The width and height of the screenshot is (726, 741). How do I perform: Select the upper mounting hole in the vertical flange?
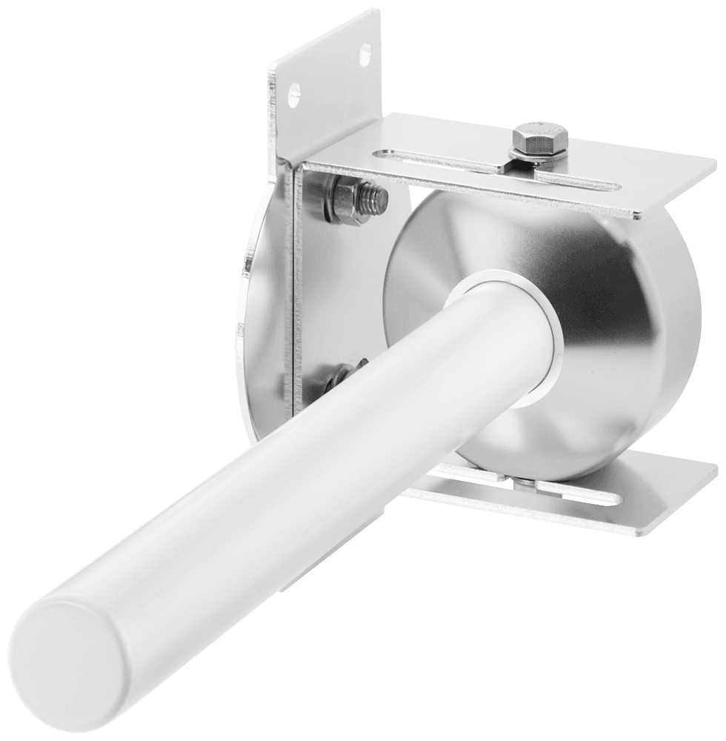[363, 53]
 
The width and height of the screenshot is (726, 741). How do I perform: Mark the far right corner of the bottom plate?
[716, 467]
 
